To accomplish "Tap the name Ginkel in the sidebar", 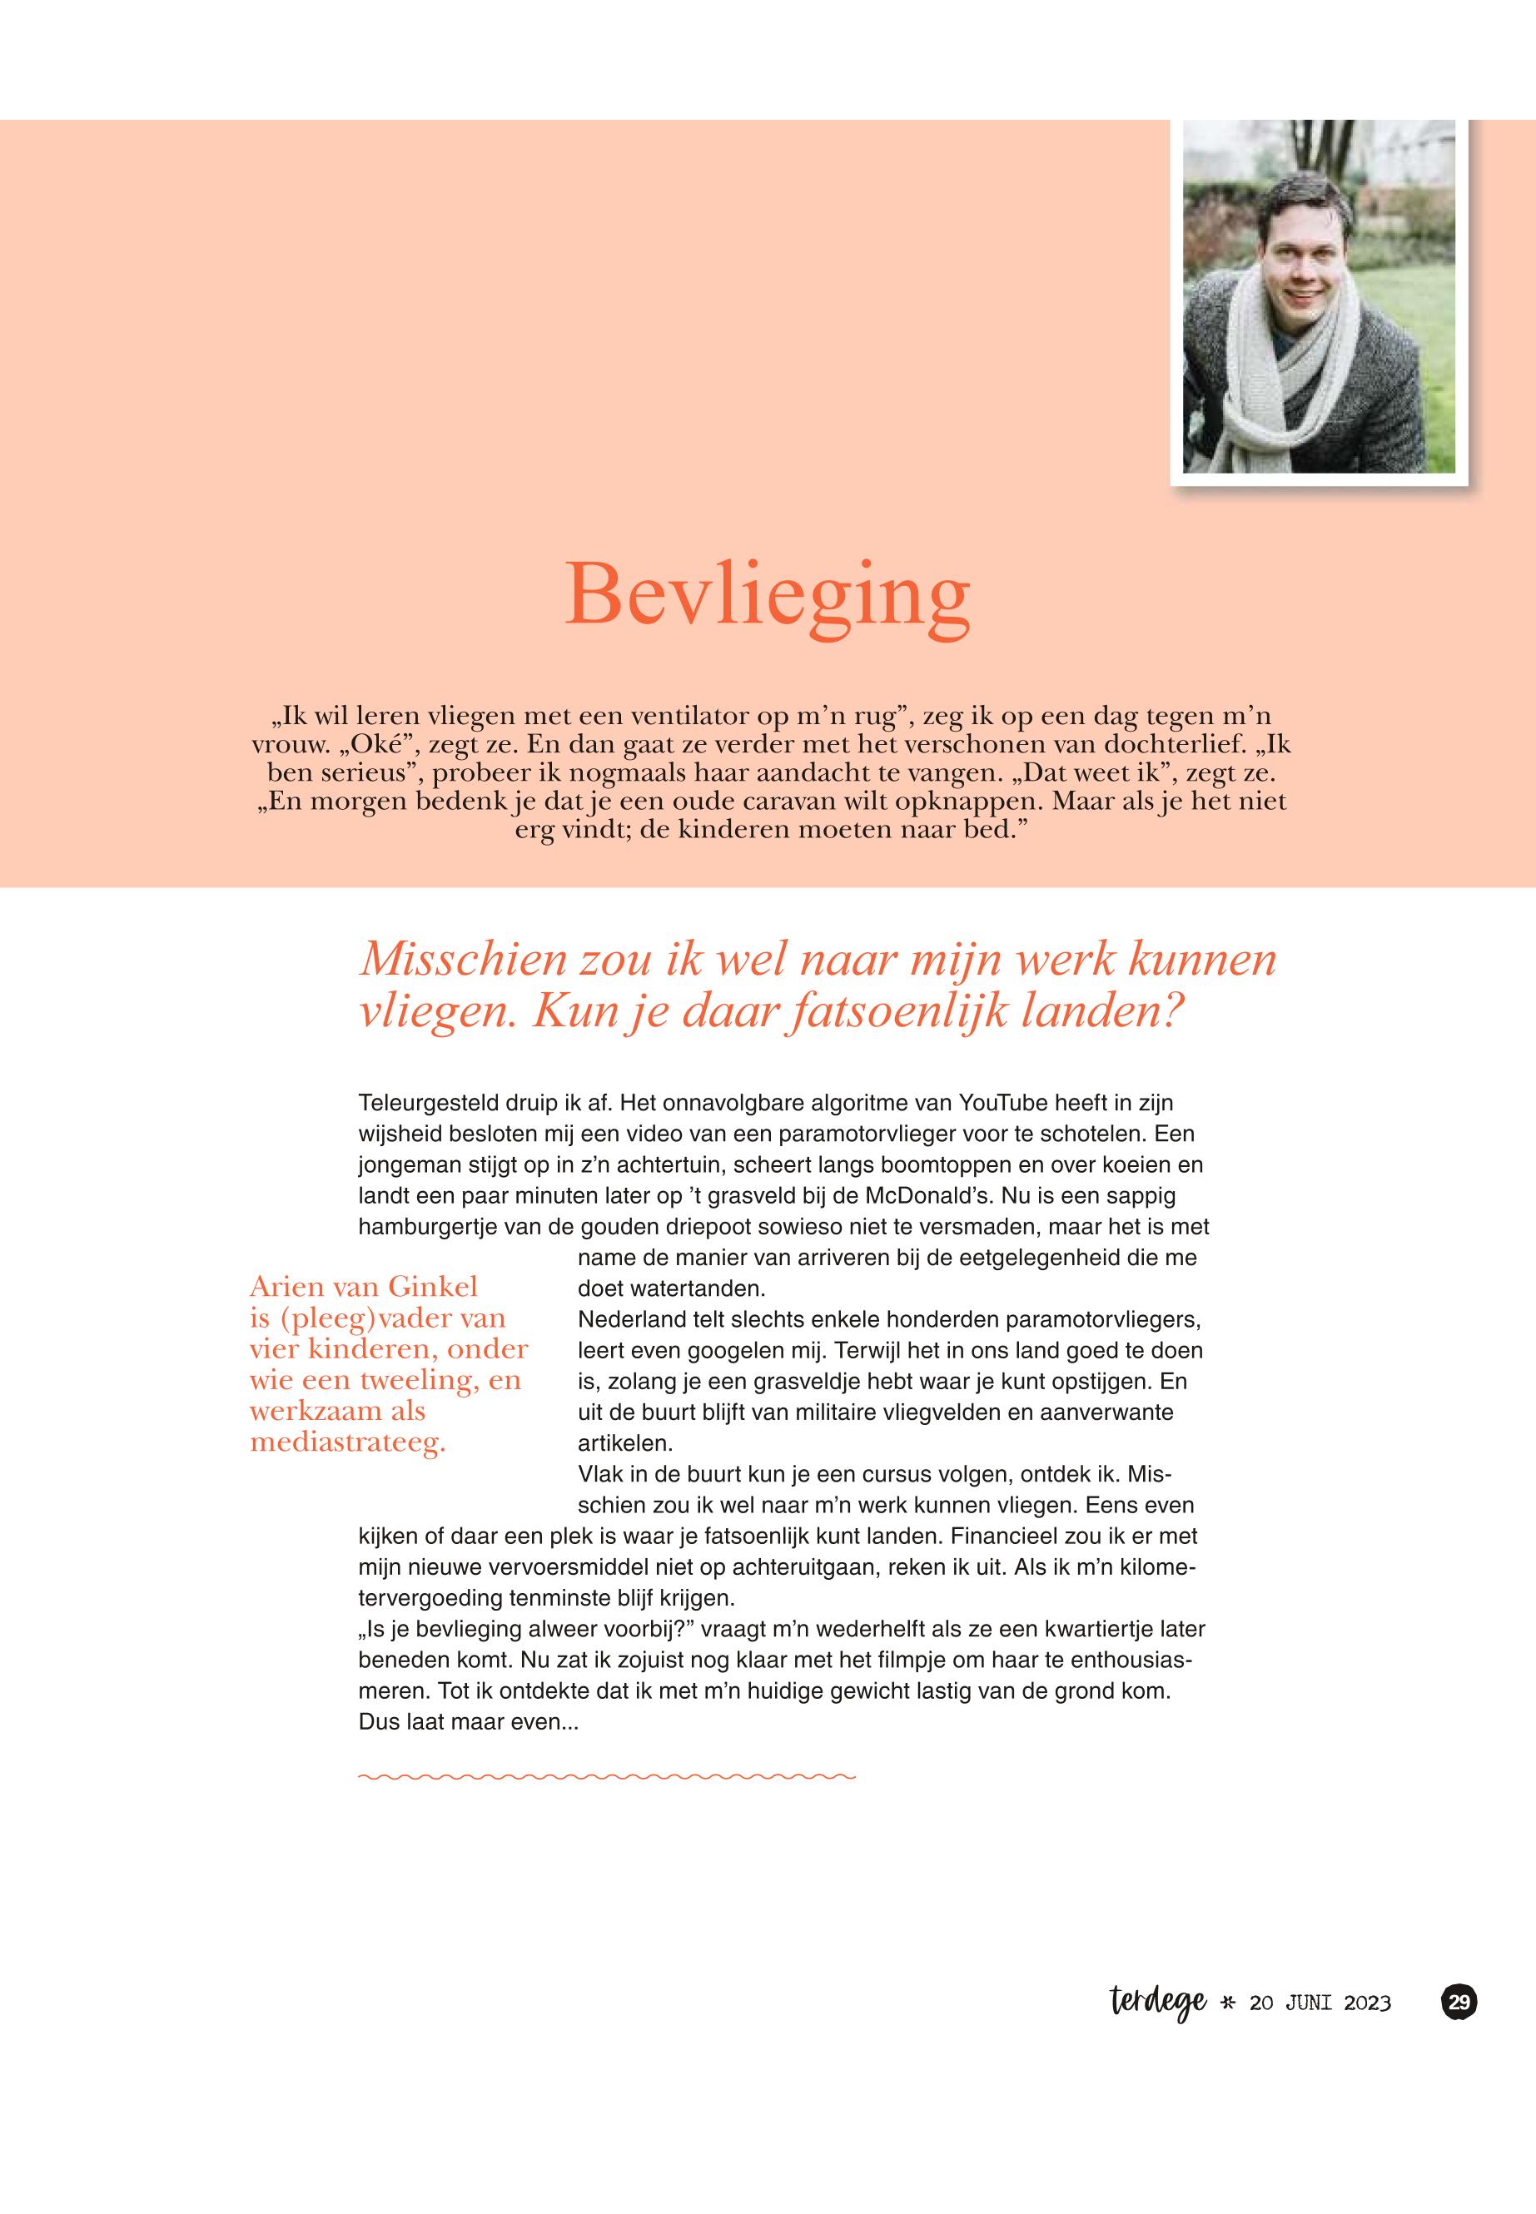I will pyautogui.click(x=433, y=1287).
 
